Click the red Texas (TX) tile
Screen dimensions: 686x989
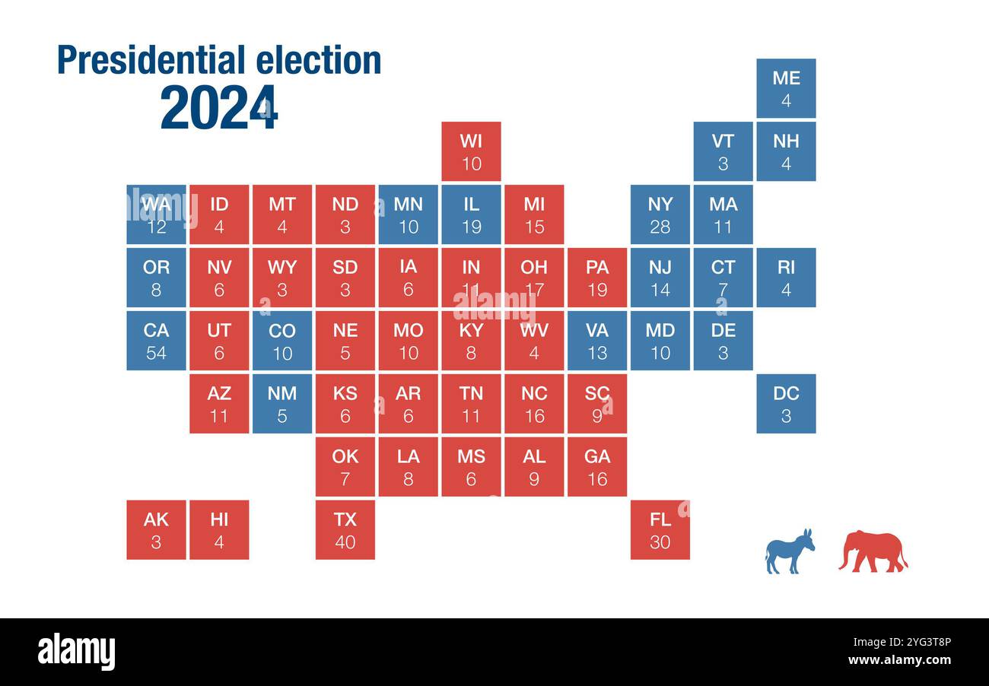pos(345,530)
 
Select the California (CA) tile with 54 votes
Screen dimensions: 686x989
pos(156,341)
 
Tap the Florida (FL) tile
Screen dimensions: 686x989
pos(660,530)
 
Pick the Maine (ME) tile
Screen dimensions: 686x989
pos(786,88)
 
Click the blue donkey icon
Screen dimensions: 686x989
pos(789,551)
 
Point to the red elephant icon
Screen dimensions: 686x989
pos(873,551)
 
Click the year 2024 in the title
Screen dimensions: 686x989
pos(219,108)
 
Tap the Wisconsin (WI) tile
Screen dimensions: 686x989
pos(471,151)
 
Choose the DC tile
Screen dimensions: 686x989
pos(786,404)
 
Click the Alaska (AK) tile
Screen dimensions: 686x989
pos(156,530)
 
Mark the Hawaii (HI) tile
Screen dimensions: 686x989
pos(219,530)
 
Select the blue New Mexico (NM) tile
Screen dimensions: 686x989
pos(282,404)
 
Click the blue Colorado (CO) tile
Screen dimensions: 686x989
pos(282,341)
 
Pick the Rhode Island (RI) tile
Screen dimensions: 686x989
pos(786,278)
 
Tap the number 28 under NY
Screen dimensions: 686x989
pos(660,227)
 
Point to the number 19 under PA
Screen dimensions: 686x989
pos(597,290)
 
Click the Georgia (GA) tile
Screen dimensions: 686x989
pos(597,467)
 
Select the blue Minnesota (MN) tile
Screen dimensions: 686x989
pos(409,214)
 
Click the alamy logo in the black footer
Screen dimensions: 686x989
pos(76,652)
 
